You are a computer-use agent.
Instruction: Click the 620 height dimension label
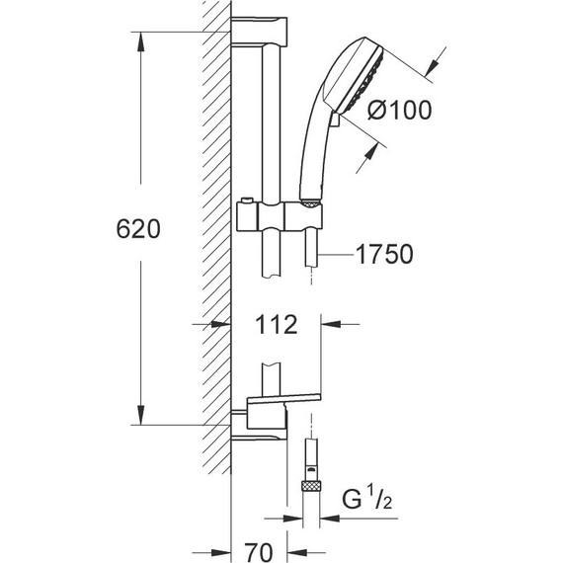point(138,229)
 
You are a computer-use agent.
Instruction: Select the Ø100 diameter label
point(399,110)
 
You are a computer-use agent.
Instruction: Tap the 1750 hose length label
point(384,254)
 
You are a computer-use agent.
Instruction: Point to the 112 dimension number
point(277,325)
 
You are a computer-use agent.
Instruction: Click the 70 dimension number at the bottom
point(259,552)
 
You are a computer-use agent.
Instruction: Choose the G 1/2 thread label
point(366,499)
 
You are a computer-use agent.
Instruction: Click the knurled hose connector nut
point(311,487)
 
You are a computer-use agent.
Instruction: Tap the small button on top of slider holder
point(247,200)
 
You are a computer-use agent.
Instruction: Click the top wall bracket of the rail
point(259,32)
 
